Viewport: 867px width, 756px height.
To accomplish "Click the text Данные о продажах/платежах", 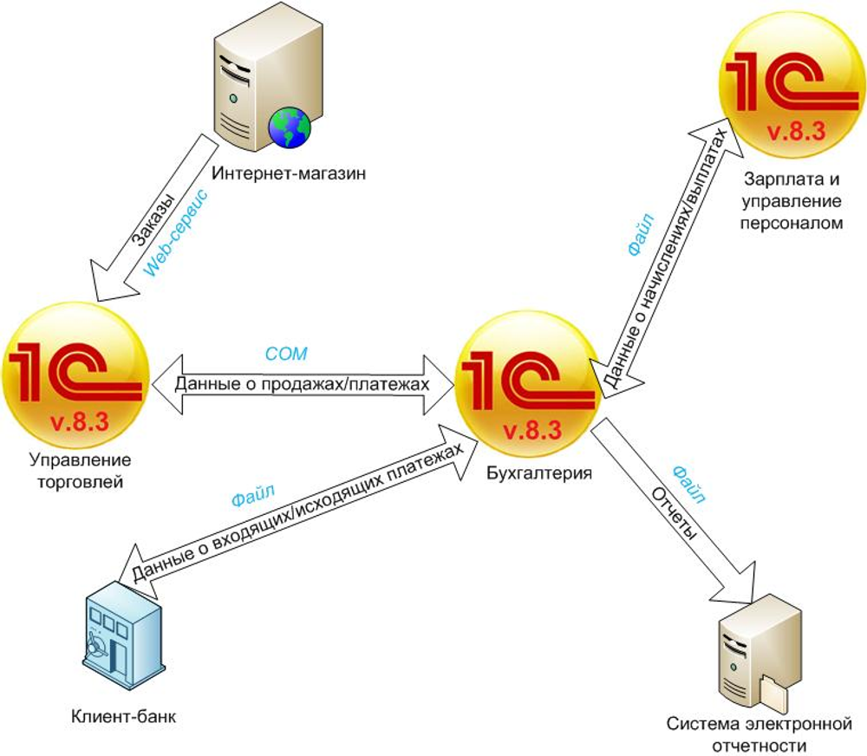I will (303, 382).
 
